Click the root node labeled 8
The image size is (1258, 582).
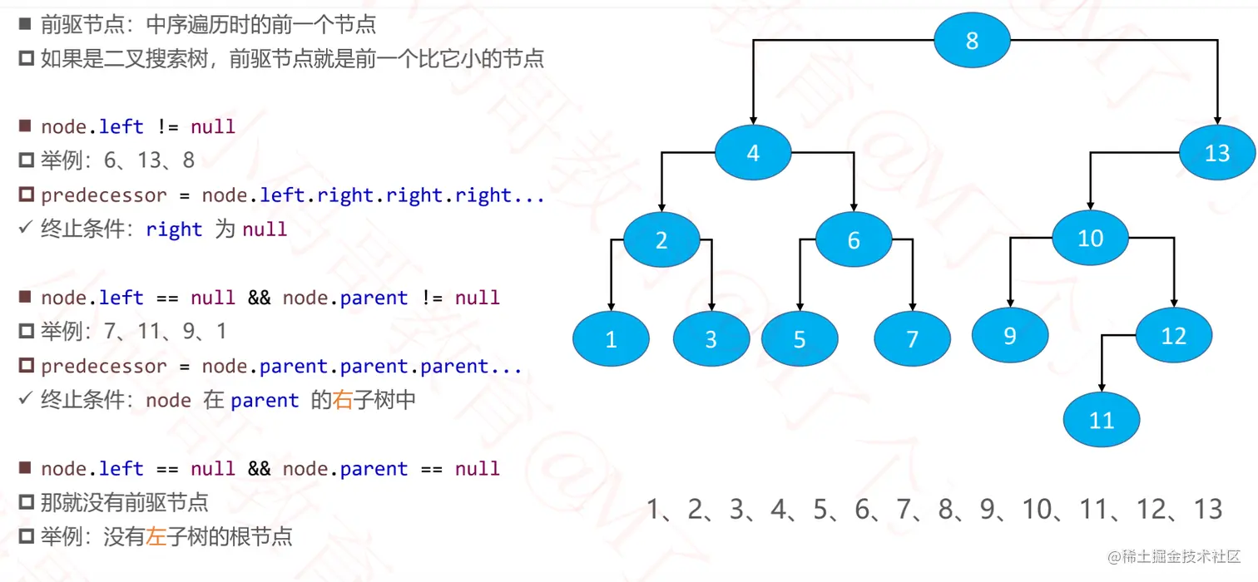click(972, 40)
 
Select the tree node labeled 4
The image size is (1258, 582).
click(753, 153)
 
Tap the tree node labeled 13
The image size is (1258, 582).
click(1216, 153)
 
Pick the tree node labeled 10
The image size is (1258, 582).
click(1090, 239)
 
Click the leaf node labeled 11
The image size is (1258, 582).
click(1102, 420)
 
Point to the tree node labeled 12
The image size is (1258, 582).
click(1173, 335)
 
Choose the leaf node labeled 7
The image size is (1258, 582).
click(912, 338)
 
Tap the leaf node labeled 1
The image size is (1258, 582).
click(611, 338)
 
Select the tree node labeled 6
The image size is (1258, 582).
click(853, 240)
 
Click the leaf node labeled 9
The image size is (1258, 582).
click(1010, 335)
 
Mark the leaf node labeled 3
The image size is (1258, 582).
click(711, 338)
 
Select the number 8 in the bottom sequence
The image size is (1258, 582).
click(945, 509)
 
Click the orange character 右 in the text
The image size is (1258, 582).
click(343, 400)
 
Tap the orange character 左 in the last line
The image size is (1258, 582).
click(156, 536)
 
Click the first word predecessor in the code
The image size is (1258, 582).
click(104, 195)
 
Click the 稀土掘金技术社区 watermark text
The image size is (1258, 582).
click(1173, 555)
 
